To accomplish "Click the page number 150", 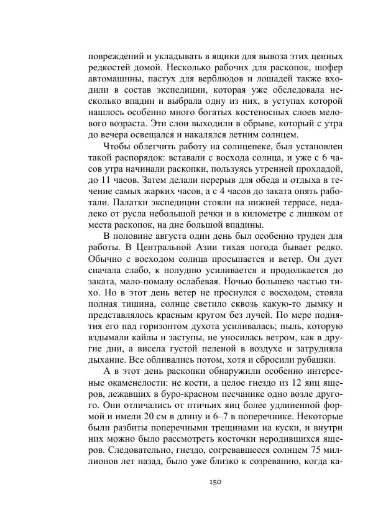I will point(216,482).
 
